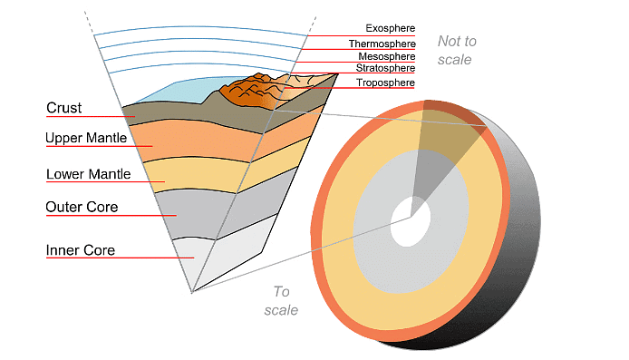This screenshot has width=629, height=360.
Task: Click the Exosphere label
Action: pos(390,28)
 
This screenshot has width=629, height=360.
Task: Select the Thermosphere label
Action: pos(382,44)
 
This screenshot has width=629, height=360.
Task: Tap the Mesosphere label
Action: pos(386,56)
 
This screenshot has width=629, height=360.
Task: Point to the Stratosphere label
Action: pos(385,69)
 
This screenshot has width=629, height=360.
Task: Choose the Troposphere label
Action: pos(385,83)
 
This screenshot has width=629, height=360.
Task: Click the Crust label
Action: pos(64,109)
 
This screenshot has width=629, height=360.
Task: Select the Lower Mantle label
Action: pos(89,174)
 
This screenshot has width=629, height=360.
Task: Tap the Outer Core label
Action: pos(82,208)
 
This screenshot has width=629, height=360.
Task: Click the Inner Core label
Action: pos(81,250)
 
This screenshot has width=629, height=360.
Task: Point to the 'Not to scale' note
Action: pos(457,50)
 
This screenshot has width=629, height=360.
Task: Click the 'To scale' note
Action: pos(281,301)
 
